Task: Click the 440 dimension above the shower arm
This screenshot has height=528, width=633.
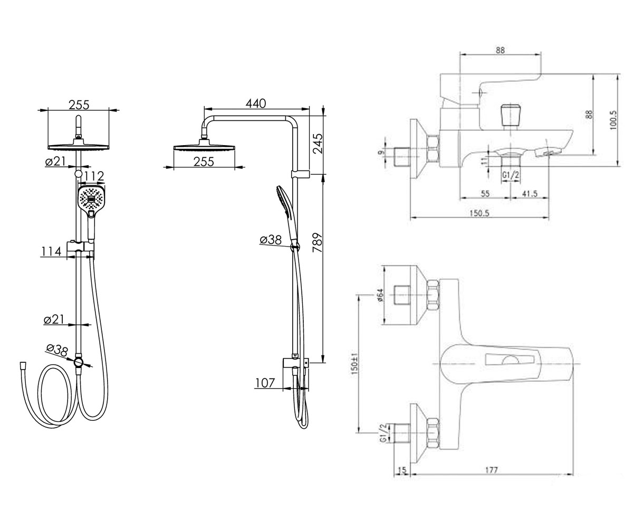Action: point(255,103)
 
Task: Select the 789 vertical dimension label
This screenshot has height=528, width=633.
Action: point(317,243)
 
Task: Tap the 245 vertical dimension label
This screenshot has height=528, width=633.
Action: point(318,143)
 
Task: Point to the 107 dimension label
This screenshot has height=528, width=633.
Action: point(265,383)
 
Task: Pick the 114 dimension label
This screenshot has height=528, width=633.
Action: point(51,251)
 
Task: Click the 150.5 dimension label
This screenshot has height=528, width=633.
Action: point(479,213)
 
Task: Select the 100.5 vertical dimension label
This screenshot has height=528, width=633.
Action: point(613,120)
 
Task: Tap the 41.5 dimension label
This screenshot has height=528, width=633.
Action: point(530,194)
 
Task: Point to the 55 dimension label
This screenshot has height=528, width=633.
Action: point(485,194)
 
